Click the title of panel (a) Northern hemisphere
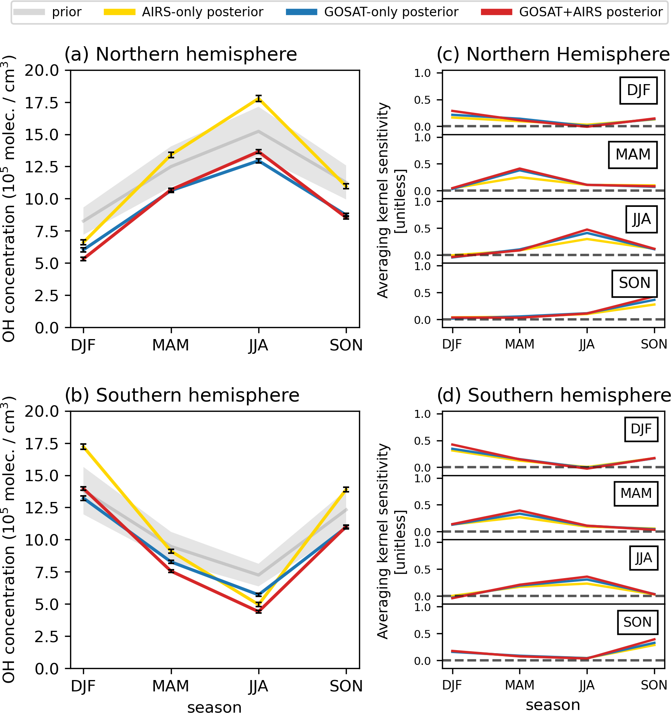pos(181,54)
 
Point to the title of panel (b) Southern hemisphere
pos(182,395)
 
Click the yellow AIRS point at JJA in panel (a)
pos(259,99)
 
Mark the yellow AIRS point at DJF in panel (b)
pos(83,447)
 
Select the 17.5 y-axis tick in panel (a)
pos(42,103)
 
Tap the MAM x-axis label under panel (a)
pos(171,345)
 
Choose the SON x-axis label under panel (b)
pos(346,686)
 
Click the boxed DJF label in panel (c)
pos(638,90)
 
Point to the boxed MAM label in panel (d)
pos(636,493)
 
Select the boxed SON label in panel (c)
pos(634,283)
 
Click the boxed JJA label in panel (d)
pos(643,558)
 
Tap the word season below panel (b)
pos(214,707)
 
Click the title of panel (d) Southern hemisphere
pos(554,395)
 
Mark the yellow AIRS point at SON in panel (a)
pos(346,186)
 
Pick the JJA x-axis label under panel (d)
pos(587,685)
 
